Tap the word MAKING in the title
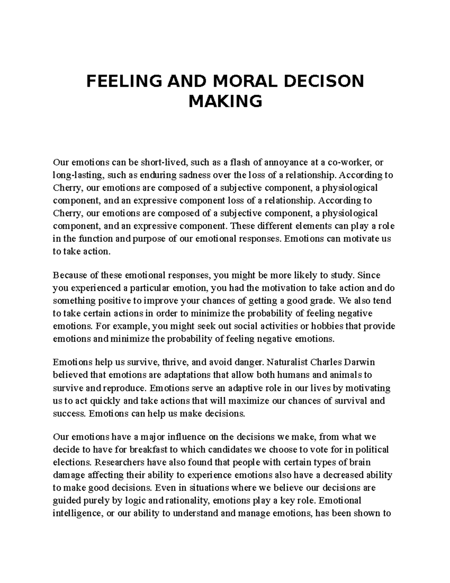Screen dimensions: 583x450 [x=225, y=101]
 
